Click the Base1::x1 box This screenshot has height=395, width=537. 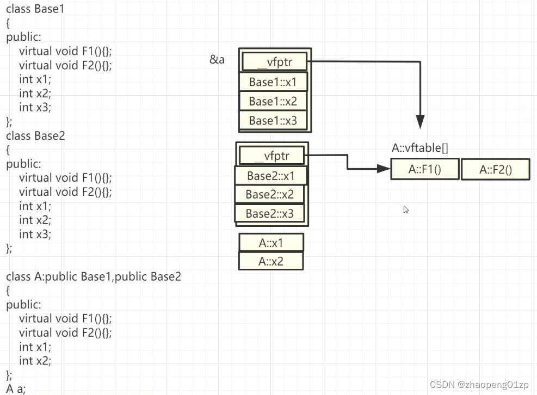click(273, 82)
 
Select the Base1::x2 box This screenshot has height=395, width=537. click(273, 101)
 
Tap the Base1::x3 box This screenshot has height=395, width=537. click(273, 120)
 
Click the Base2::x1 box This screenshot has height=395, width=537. click(270, 176)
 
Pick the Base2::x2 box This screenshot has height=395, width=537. click(269, 194)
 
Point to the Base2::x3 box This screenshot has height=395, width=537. click(269, 213)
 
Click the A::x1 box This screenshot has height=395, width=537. click(271, 243)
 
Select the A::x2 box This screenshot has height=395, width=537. click(271, 262)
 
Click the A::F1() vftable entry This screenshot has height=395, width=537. click(425, 169)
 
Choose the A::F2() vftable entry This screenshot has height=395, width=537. click(496, 170)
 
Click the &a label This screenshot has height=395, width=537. click(217, 59)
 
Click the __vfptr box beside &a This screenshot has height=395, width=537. click(274, 61)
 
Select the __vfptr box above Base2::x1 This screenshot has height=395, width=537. click(271, 156)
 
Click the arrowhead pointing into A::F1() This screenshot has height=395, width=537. click(384, 169)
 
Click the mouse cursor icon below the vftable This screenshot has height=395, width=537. click(406, 209)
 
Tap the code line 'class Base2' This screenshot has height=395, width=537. click(35, 135)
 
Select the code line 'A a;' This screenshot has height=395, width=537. click(16, 388)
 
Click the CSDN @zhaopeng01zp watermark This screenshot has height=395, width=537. click(479, 385)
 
